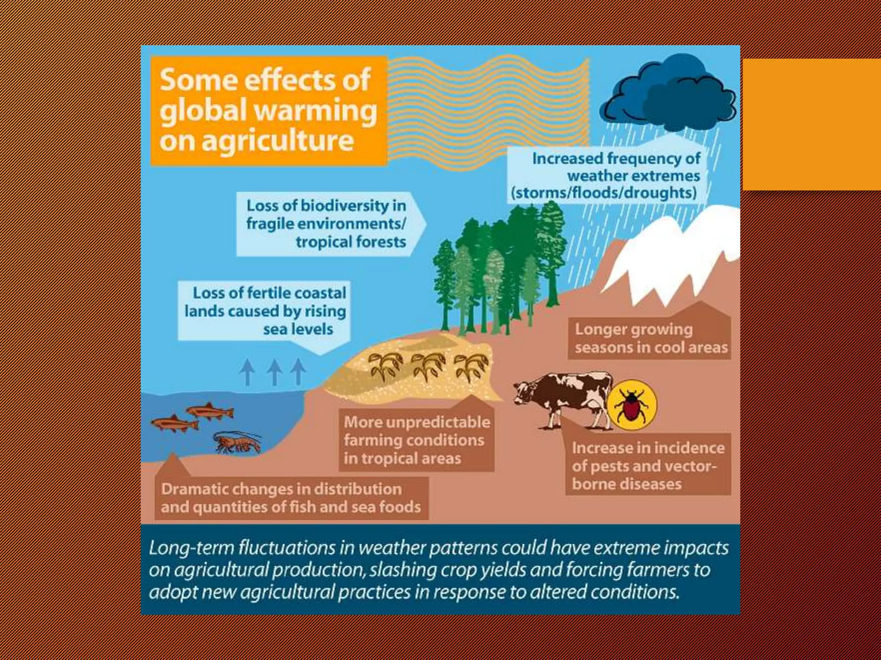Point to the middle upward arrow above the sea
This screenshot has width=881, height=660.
tap(274, 371)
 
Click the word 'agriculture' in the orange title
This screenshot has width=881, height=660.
tap(278, 141)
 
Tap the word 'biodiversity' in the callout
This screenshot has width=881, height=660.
tap(345, 206)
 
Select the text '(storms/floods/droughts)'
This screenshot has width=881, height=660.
tap(604, 193)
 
